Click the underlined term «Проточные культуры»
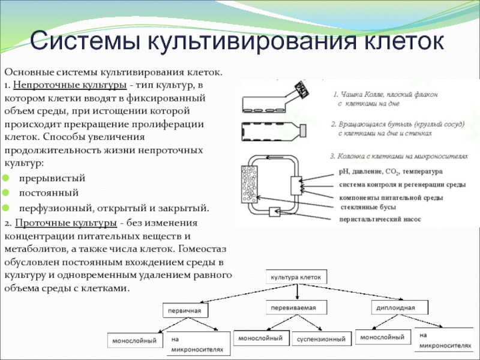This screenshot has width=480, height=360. [x=66, y=224]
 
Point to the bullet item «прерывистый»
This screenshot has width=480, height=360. [x=52, y=179]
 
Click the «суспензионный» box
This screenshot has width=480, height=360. [x=322, y=340]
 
